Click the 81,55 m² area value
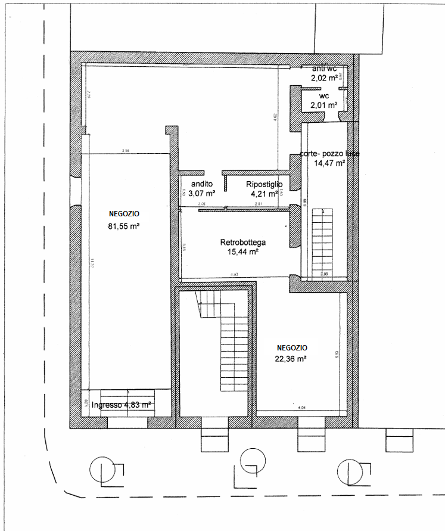click(x=125, y=226)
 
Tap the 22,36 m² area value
click(x=291, y=359)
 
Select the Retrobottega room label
click(x=242, y=243)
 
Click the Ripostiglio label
click(x=264, y=184)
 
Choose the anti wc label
click(x=324, y=69)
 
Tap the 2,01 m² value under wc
click(x=323, y=105)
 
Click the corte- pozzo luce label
click(x=329, y=154)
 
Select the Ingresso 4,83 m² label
click(x=117, y=405)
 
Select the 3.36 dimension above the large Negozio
click(x=125, y=151)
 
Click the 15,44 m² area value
click(x=242, y=252)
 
